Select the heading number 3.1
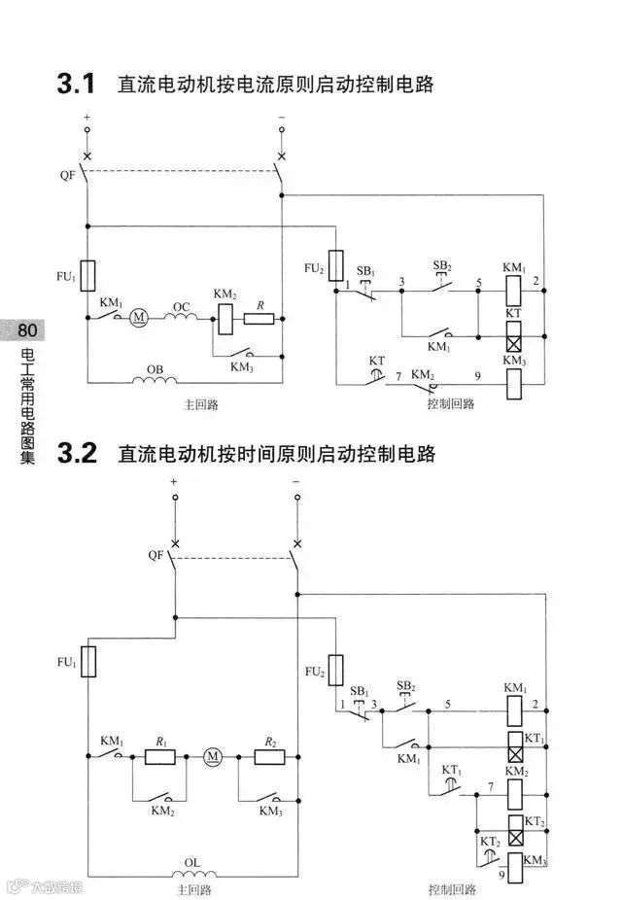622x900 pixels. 77,86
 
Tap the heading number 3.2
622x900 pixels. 77,454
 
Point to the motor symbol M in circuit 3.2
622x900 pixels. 213,756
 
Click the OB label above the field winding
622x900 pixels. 154,370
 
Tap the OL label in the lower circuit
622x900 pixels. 192,861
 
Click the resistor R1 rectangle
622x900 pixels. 159,756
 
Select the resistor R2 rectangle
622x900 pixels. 269,756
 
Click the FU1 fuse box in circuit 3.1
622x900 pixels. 87,276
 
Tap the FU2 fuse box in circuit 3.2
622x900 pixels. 335,670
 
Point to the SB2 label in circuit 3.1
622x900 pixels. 442,266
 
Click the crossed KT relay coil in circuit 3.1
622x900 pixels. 514,338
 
